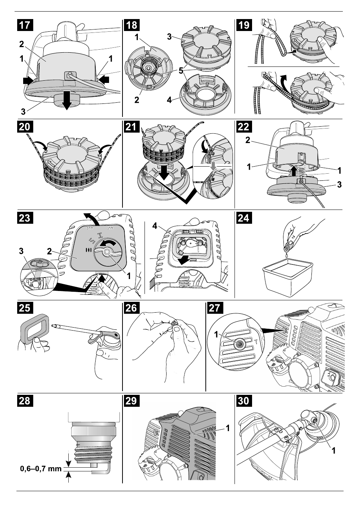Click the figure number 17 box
pyautogui.click(x=24, y=25)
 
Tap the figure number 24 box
pyautogui.click(x=243, y=218)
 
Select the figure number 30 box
pyautogui.click(x=243, y=401)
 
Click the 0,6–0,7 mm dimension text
pyautogui.click(x=41, y=468)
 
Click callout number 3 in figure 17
pyautogui.click(x=23, y=111)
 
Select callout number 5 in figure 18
pyautogui.click(x=181, y=71)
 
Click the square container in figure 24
pyautogui.click(x=287, y=276)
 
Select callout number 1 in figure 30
pyautogui.click(x=334, y=450)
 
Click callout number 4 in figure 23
pyautogui.click(x=155, y=226)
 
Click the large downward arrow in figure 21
pyautogui.click(x=163, y=172)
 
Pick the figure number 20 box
pyautogui.click(x=24, y=127)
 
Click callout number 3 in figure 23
pyautogui.click(x=22, y=251)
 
